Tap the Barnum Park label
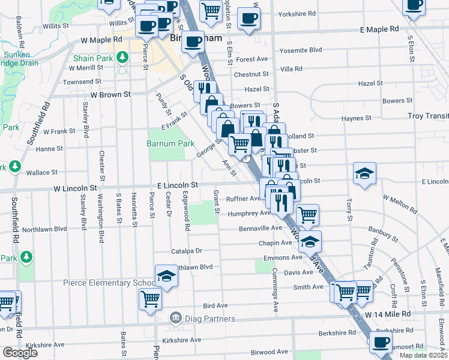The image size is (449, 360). (170, 143)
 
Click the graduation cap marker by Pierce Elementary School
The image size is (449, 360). (166, 276)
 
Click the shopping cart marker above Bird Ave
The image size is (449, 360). (149, 298)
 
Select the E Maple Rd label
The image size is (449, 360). (379, 29)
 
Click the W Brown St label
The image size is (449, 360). (110, 95)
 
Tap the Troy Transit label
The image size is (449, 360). (427, 116)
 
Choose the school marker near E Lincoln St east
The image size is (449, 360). (364, 173)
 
